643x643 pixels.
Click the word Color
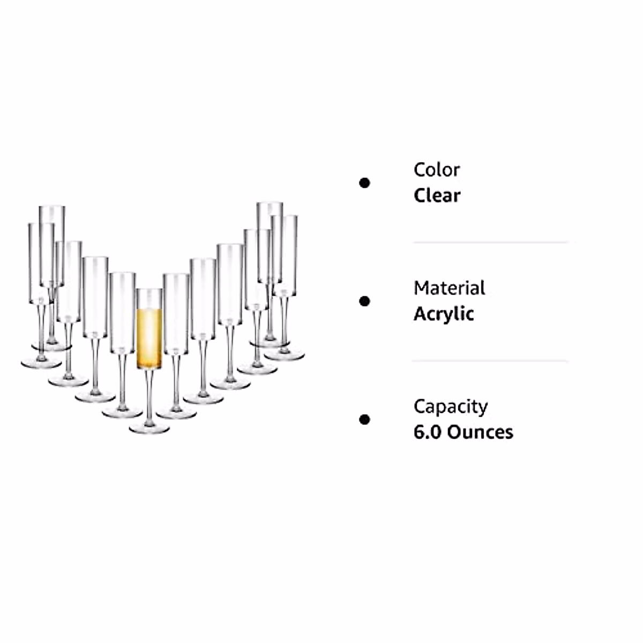tap(436, 170)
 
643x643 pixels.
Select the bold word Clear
tap(436, 196)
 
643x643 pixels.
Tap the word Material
tap(449, 288)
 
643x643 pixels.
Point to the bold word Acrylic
tap(444, 314)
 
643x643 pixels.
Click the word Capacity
tap(450, 407)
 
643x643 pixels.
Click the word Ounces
tap(480, 432)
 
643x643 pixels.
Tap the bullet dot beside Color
tap(364, 183)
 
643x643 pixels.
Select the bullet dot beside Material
tap(364, 301)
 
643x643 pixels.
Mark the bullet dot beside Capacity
tap(364, 419)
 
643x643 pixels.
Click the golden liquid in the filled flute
tap(149, 338)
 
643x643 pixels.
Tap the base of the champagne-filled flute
tap(149, 428)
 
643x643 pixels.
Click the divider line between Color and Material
tap(490, 242)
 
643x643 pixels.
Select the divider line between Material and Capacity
tap(490, 361)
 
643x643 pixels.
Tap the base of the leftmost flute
tap(41, 364)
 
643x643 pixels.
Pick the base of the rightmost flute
tap(284, 355)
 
